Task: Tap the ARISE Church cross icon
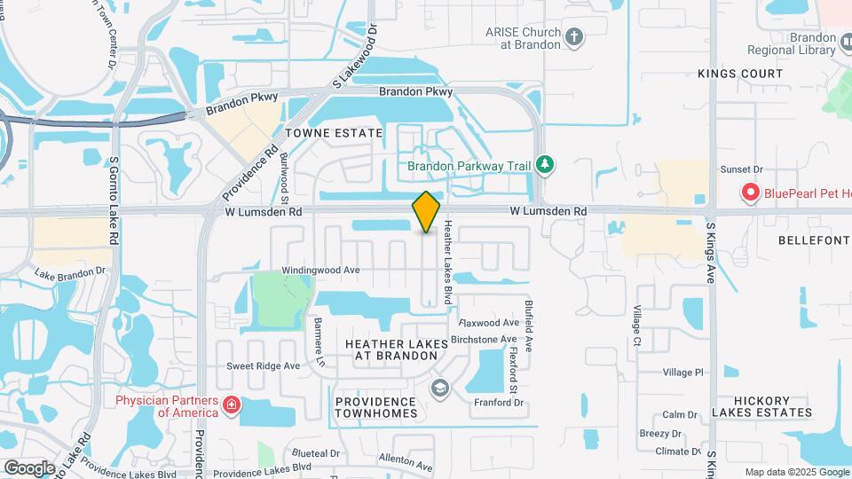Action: click(x=574, y=37)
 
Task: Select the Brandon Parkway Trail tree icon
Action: click(x=545, y=165)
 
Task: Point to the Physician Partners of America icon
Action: click(x=232, y=405)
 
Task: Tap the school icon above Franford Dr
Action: click(x=438, y=388)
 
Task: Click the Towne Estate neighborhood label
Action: click(x=334, y=133)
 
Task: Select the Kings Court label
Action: click(x=740, y=74)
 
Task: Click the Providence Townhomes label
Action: click(x=376, y=408)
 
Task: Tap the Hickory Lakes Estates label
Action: click(x=761, y=406)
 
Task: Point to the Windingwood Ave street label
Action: click(x=320, y=270)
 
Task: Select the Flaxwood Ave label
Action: click(x=489, y=323)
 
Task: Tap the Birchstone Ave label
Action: click(x=484, y=339)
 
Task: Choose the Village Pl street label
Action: click(x=682, y=373)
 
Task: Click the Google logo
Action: click(x=29, y=467)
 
